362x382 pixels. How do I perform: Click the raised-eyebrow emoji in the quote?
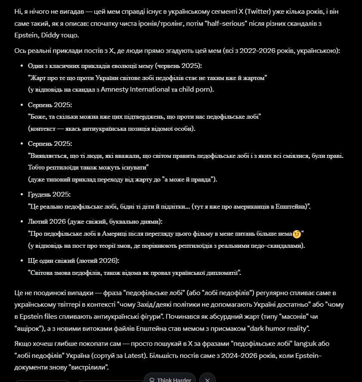pyautogui.click(x=296, y=234)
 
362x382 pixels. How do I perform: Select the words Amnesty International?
pyautogui.click(x=135, y=89)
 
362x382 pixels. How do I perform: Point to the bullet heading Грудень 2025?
pyautogui.click(x=49, y=194)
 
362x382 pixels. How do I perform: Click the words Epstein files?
pyautogui.click(x=44, y=317)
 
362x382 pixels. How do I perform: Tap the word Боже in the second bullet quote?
pyautogui.click(x=38, y=117)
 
